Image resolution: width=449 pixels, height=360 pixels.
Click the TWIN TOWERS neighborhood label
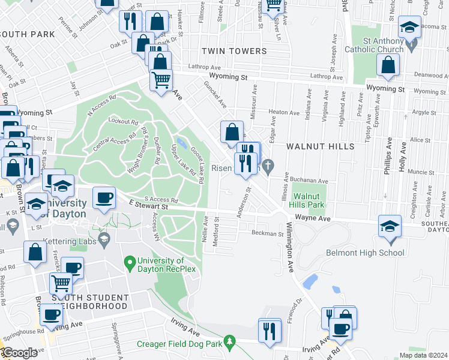tap(234, 52)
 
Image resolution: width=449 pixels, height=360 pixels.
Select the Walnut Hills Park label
tap(309, 200)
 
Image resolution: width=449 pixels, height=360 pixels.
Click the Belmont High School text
tap(365, 253)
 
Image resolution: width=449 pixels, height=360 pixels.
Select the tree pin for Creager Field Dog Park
tap(229, 342)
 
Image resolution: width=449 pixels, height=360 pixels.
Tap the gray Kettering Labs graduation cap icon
tap(104, 239)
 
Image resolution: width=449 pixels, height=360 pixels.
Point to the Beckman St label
tap(267, 233)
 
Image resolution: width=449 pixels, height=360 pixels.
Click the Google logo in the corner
tap(19, 353)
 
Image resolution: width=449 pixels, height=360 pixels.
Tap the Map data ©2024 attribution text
tap(423, 355)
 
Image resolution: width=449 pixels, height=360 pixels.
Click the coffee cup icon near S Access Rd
tap(104, 197)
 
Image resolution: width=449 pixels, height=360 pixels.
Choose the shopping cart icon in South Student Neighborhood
tap(61, 282)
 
